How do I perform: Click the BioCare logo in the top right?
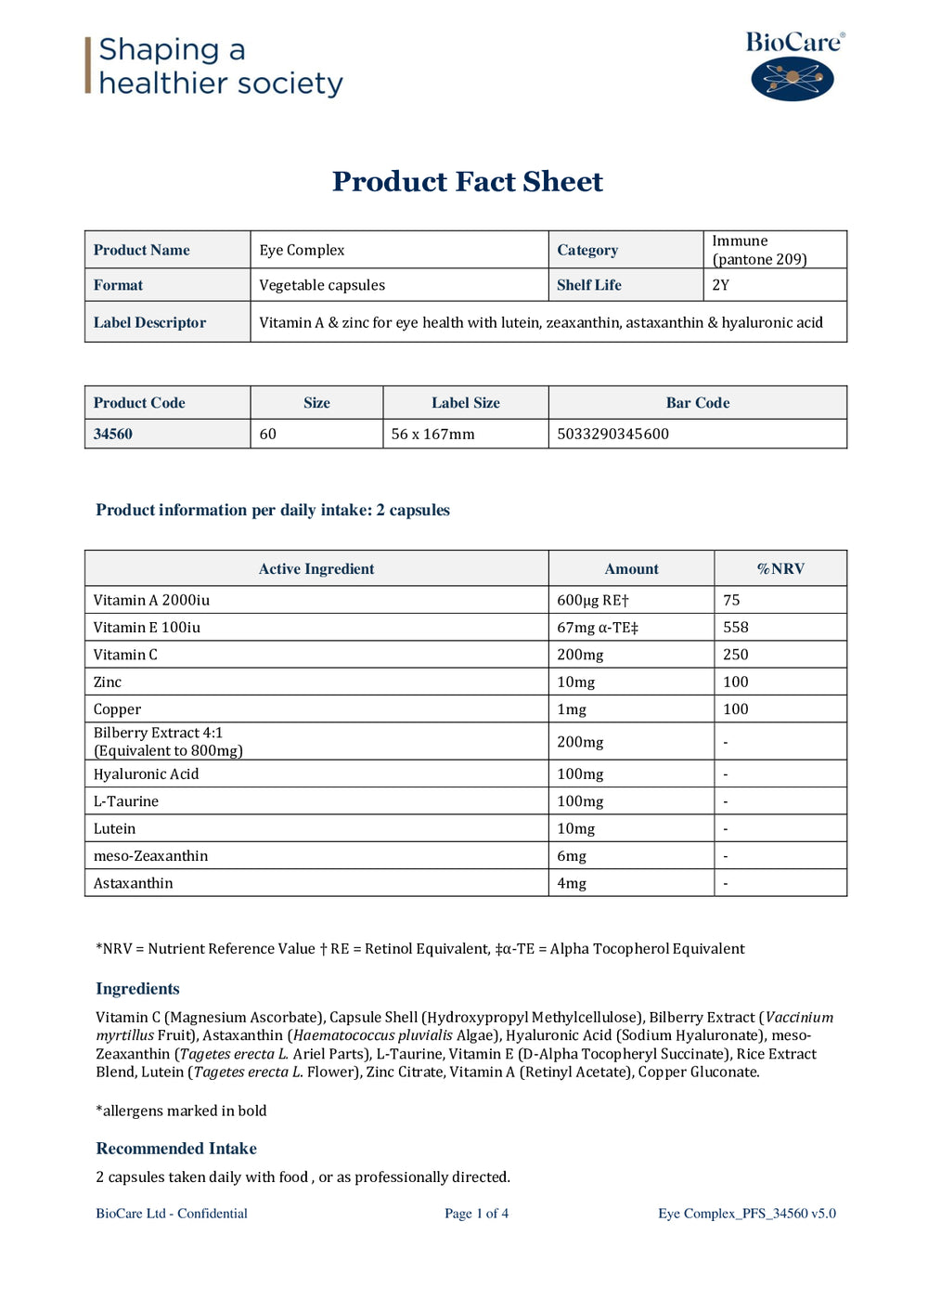coord(793,66)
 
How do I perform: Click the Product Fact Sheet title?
coord(467,181)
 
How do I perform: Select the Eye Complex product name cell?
coord(302,250)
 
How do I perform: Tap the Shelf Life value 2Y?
coord(721,285)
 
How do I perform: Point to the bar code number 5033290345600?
coord(612,434)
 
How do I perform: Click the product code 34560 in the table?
coord(113,434)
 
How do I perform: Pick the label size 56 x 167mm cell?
coord(432,434)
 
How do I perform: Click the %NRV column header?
coord(780,568)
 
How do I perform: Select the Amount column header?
coord(631,568)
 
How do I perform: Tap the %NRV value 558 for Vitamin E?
coord(736,628)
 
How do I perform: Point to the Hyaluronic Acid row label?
coord(146,773)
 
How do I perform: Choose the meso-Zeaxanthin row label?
coord(150,855)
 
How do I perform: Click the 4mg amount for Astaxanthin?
coord(572,883)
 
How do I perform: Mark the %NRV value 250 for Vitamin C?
coord(736,655)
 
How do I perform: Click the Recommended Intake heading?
coord(176,1149)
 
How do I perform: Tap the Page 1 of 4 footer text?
coord(476,1214)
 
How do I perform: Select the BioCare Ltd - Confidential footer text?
coord(172,1214)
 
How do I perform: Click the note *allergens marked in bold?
coord(181,1111)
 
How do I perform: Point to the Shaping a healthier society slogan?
coord(220,66)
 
